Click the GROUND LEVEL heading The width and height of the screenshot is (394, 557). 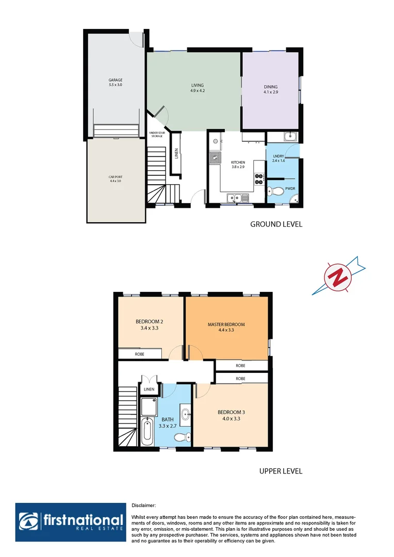coord(276,224)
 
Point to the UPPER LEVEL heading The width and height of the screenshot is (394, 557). coord(280,471)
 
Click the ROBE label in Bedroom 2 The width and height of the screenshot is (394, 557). coord(139,354)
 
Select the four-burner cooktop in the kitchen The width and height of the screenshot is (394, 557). coord(259,178)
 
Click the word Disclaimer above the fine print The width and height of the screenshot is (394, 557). coord(144,506)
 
